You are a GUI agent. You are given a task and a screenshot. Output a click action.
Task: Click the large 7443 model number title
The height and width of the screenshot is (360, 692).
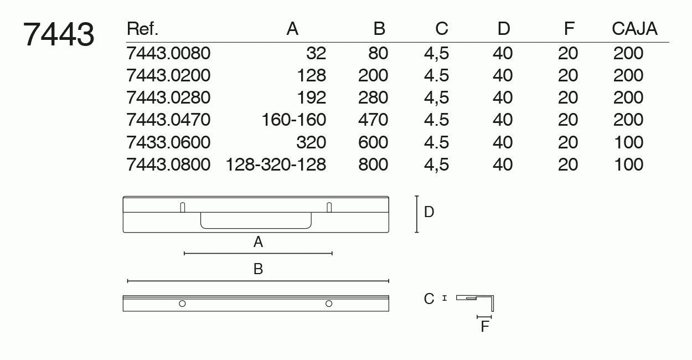59,34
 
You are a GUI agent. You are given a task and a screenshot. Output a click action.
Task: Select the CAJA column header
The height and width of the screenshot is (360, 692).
634,29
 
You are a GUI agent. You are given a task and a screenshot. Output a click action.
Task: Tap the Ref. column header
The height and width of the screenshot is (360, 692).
142,29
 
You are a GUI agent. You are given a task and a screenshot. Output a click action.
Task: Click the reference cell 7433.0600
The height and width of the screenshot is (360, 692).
168,142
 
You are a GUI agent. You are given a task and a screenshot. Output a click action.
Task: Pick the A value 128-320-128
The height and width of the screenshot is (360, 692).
276,164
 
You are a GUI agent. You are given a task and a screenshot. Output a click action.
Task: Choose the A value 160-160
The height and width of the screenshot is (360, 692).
294,120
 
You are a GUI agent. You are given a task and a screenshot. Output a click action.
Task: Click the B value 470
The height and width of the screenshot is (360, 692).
373,120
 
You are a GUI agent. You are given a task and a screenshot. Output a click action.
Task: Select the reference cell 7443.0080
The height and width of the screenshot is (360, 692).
168,53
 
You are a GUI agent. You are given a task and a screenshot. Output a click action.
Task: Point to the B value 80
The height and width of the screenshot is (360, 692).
378,53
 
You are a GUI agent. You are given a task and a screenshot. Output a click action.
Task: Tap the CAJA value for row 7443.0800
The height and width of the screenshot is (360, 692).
629,164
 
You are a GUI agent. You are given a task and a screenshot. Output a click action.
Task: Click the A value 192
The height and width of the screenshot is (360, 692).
311,97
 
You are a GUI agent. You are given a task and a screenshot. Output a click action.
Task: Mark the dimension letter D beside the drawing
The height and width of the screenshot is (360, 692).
429,212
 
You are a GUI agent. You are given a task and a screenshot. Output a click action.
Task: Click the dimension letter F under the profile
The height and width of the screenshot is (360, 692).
485,326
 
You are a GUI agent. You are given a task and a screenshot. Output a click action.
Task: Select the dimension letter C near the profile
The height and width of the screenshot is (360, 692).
429,299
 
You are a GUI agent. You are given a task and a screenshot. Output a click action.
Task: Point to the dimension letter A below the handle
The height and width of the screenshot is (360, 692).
259,242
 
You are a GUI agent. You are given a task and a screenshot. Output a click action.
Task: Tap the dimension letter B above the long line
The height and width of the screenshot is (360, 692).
259,269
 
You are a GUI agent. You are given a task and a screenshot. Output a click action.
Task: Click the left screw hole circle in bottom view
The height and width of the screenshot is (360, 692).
182,304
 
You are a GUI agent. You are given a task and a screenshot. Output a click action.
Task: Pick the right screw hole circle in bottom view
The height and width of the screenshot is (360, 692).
329,304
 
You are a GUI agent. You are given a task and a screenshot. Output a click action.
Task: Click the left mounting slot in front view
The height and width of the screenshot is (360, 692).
183,207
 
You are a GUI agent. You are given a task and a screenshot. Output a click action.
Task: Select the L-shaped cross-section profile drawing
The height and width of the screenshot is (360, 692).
475,303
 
